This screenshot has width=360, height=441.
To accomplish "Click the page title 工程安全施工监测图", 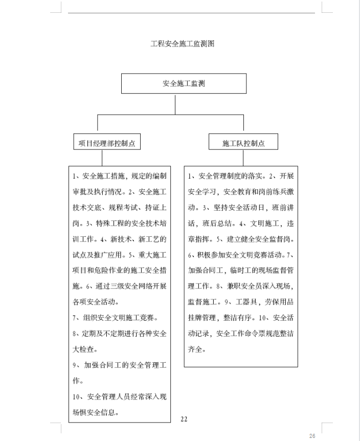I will (182, 44).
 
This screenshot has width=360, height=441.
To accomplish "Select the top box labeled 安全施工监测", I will (184, 83).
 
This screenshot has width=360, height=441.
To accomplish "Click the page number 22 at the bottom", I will (184, 419).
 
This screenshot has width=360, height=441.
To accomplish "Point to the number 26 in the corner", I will (312, 435).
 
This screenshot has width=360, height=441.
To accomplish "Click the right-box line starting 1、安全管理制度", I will (240, 177).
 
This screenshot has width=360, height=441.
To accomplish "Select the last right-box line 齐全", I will (197, 350).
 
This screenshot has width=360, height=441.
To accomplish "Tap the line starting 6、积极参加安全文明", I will (240, 255).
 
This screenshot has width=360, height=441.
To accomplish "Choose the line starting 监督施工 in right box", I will (240, 302).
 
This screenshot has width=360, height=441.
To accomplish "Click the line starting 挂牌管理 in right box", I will (240, 318).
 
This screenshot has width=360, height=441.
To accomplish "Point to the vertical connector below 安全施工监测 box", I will (175, 104).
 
